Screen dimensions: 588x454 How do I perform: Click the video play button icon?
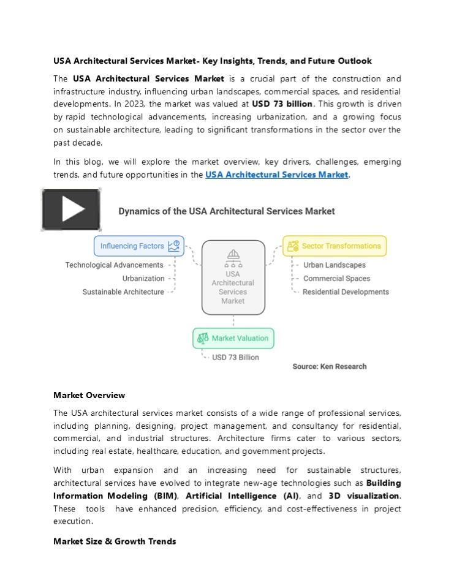coord(71,209)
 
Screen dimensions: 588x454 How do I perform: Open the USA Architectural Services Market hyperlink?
coord(276,175)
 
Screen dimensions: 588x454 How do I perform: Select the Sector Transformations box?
coord(335,246)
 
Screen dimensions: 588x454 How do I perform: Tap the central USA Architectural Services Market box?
coord(233,278)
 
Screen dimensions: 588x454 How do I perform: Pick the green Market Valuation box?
coord(233,338)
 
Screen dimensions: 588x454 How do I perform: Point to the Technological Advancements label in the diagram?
coord(115,265)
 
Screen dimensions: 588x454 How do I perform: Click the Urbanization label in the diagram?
coord(143,279)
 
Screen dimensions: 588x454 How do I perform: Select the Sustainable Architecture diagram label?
coord(123,292)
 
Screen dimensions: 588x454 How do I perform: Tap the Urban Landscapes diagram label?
coord(335,265)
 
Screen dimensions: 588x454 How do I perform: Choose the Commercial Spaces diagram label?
coord(336,279)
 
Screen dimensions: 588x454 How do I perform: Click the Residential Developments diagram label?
coord(346,292)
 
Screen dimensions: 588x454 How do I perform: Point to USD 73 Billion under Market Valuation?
coord(235,358)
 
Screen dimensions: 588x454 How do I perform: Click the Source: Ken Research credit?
coord(330,366)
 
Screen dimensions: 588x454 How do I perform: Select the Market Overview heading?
coord(89,395)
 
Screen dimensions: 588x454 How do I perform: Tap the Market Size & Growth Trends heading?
coord(115,541)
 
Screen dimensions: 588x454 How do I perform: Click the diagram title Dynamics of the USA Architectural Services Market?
coord(226,211)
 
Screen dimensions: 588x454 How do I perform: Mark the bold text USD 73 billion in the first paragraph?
coord(282,104)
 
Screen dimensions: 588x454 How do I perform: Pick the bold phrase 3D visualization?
coord(364,496)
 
